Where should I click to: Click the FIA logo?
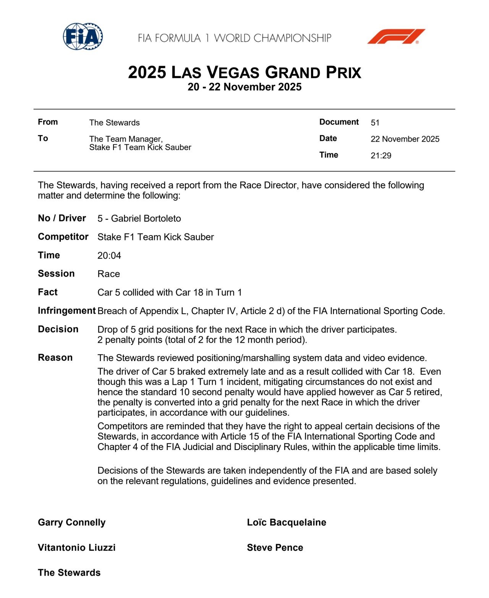83,37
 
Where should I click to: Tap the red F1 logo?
396,37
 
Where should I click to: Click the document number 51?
375,123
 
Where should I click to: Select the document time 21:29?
381,155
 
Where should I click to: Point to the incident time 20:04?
109,256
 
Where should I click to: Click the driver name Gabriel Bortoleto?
146,219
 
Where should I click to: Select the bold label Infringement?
66,311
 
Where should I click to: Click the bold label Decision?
58,329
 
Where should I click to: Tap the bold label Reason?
55,358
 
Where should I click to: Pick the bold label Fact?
48,292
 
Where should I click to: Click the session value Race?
108,274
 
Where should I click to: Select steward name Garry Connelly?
72,522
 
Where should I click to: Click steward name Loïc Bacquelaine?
287,522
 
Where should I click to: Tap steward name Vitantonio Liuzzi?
77,548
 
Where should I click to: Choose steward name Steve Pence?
275,548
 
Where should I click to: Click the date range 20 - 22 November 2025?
244,87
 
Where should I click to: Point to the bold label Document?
339,122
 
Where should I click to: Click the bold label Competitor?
63,237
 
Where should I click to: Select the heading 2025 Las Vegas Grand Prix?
244,72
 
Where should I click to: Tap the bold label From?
48,122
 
